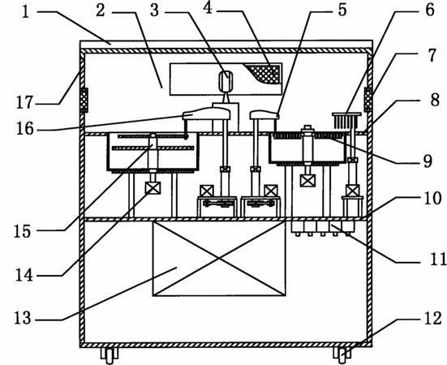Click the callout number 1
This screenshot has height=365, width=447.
point(26,12)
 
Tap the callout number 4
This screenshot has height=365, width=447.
point(208,8)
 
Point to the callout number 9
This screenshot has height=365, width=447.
point(428,161)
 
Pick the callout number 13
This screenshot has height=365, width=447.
point(23,318)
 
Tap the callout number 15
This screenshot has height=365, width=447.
point(22,231)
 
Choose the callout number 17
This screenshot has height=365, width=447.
point(25,102)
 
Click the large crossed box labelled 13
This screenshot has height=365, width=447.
point(219,259)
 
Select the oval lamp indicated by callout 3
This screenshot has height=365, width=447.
point(226,81)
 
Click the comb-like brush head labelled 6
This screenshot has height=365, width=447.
point(346,120)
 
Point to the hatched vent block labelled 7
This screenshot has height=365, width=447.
point(368,100)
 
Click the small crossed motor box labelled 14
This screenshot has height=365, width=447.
point(153,188)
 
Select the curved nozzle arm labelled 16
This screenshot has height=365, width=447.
point(206,113)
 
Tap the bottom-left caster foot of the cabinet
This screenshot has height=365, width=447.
point(110,355)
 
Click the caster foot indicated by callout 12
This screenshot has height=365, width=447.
point(342,355)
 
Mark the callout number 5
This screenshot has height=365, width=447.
point(342,10)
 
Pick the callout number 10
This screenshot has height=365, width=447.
point(432,198)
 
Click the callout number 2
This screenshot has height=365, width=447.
point(101,11)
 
